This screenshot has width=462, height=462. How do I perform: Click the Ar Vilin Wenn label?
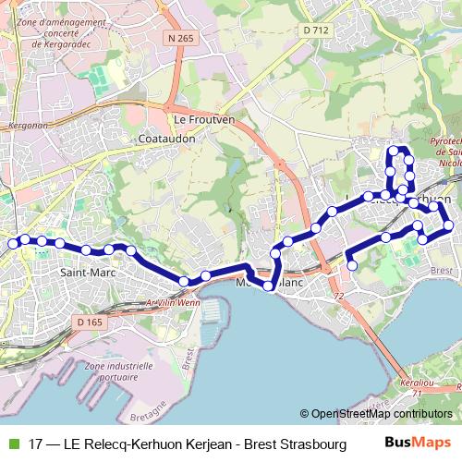[173, 301]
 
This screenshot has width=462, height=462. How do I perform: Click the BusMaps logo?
[417, 444]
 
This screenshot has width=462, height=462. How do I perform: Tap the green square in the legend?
[12, 444]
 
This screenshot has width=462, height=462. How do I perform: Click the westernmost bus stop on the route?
[13, 244]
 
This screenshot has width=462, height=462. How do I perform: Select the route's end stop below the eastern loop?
[351, 266]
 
